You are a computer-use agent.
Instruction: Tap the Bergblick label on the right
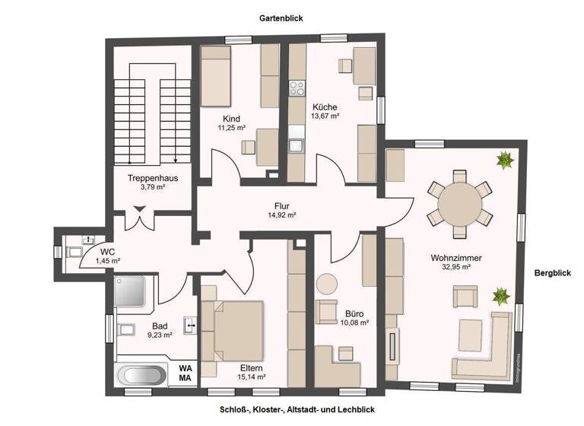[x=552, y=272]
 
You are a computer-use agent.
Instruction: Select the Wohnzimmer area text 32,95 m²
[x=455, y=267]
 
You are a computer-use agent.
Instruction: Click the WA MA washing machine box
[x=185, y=373]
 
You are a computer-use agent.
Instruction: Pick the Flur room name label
[x=282, y=205]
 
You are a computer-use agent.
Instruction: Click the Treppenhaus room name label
[x=153, y=178]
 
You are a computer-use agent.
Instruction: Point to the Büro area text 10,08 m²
[x=354, y=323]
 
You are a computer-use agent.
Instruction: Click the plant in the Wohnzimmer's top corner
[x=503, y=160]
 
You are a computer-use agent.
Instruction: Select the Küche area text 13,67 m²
[x=325, y=116]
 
